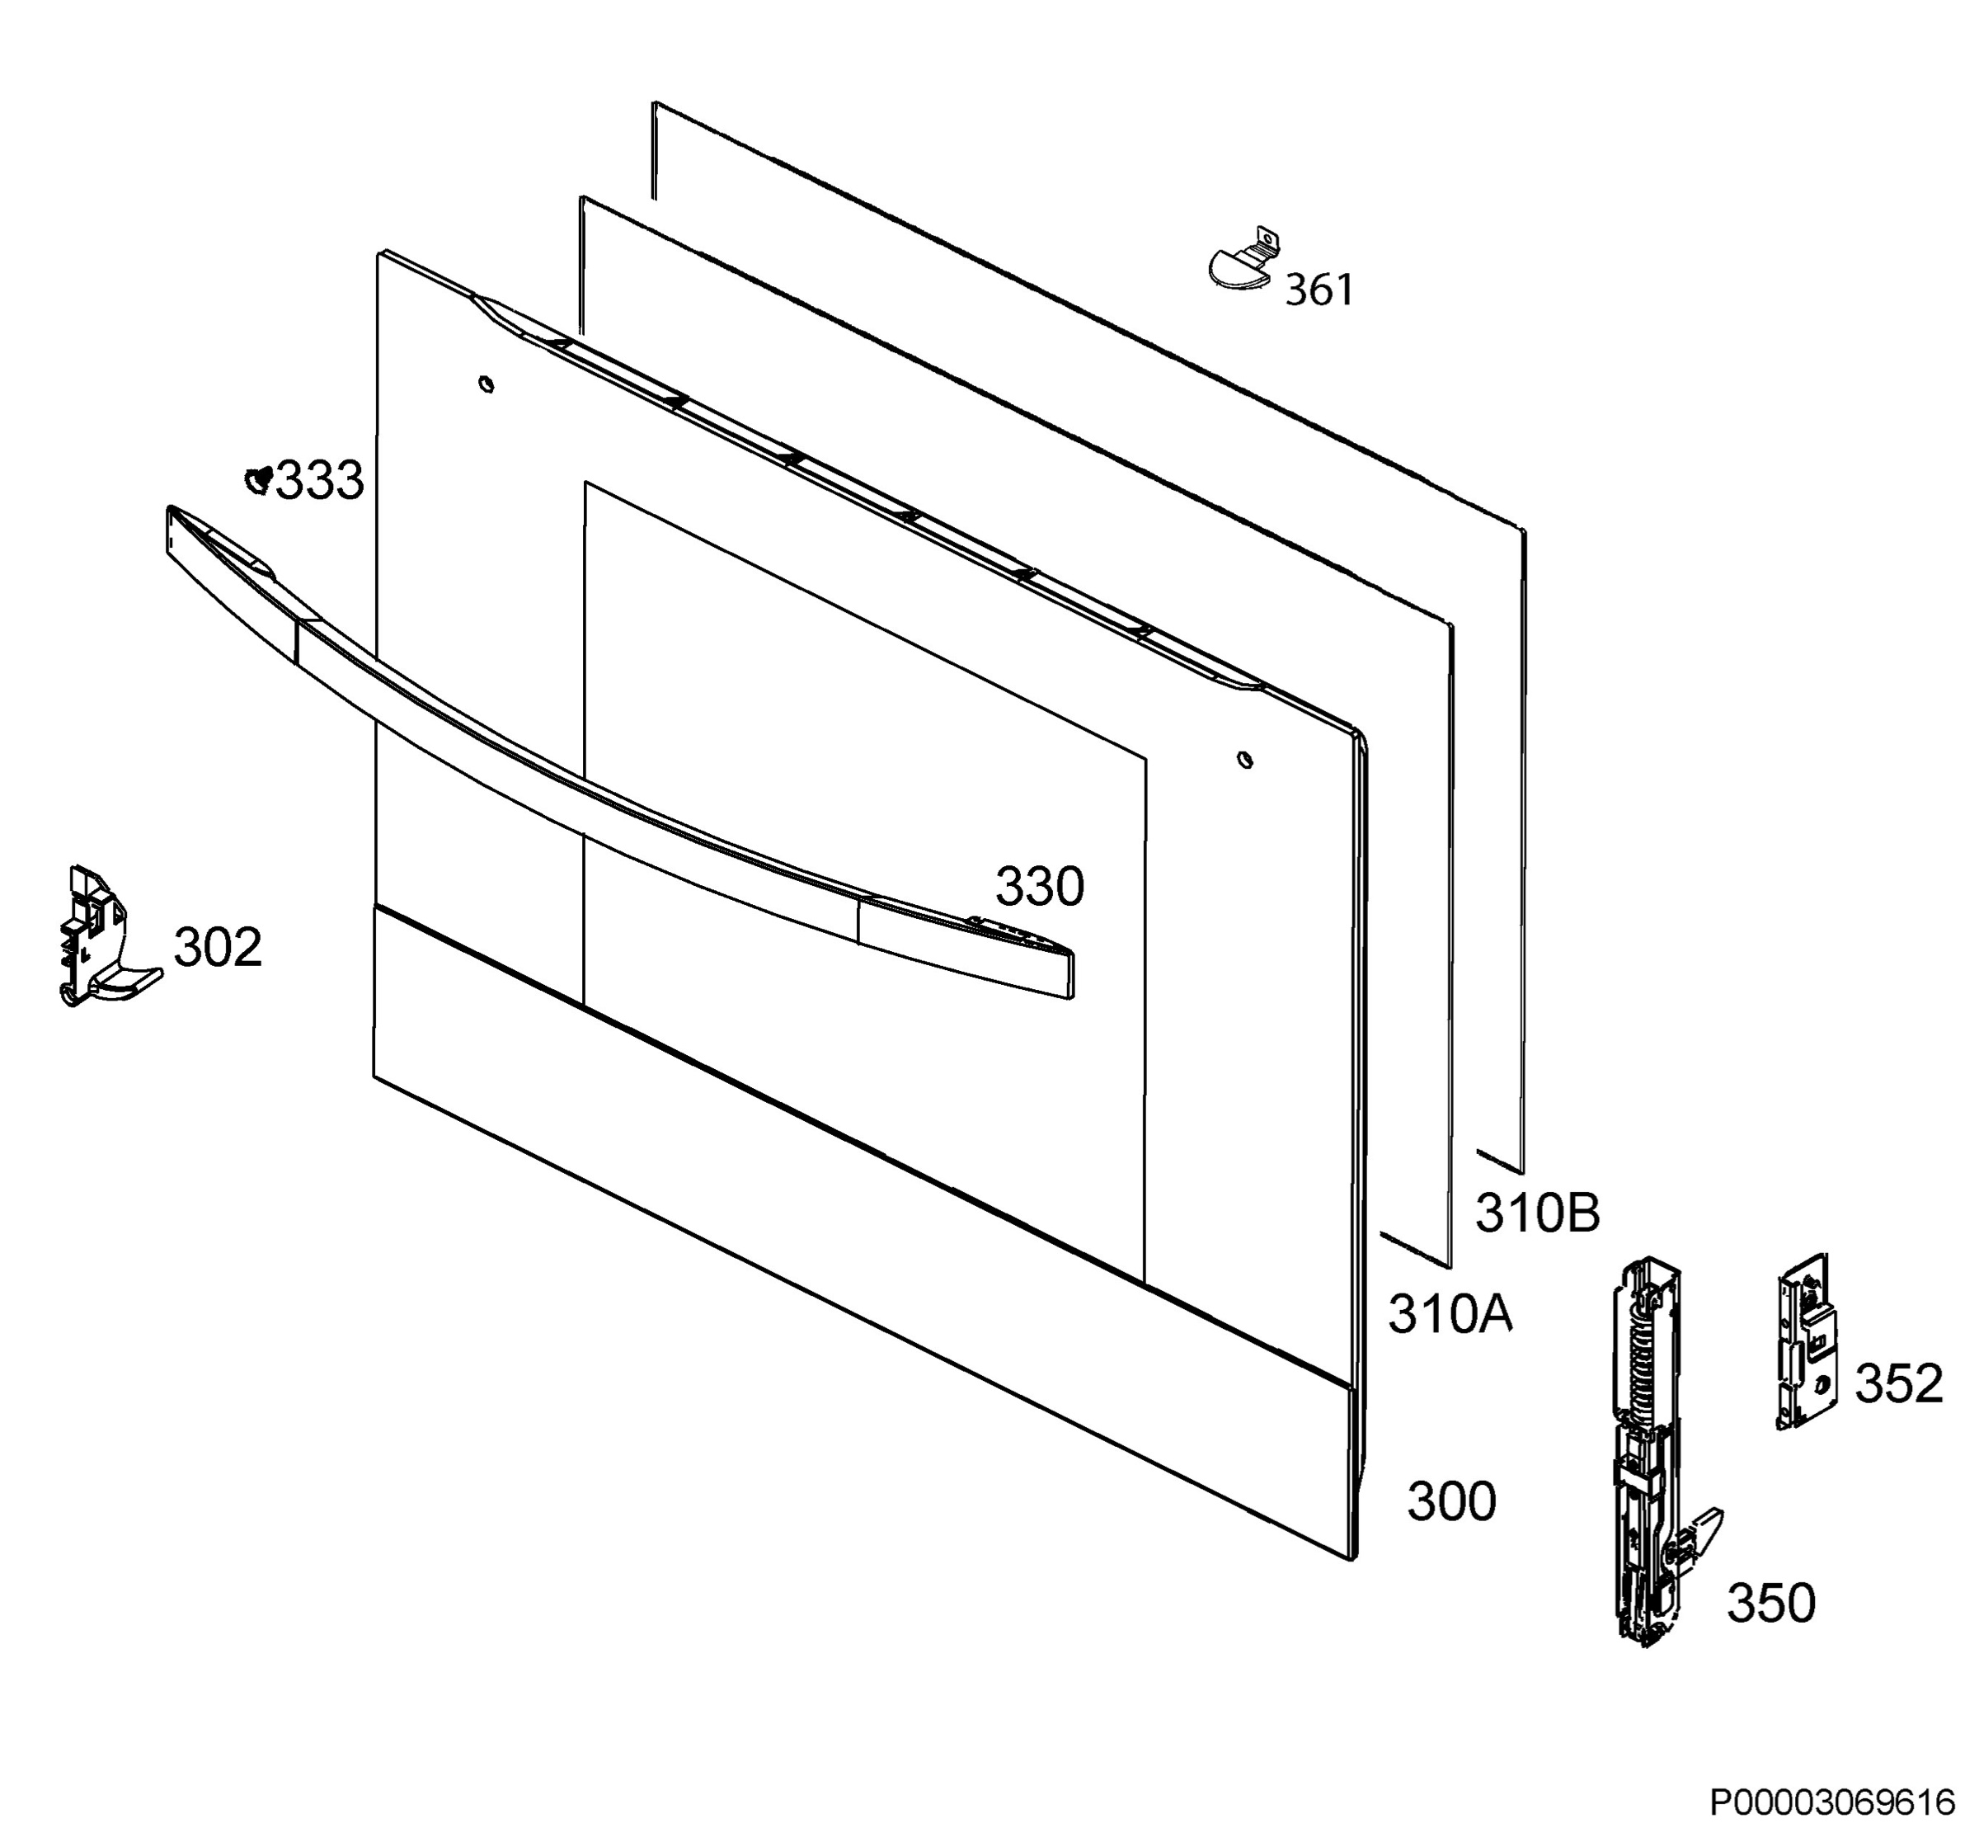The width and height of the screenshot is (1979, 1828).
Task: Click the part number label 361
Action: click(1319, 291)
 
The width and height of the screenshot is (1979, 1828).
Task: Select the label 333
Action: click(319, 482)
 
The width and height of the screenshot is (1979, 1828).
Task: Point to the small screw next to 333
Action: click(259, 480)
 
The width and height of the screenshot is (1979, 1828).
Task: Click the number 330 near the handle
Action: click(1040, 888)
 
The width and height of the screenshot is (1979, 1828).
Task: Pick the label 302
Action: click(218, 947)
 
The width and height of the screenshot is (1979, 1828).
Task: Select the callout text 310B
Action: click(1537, 1213)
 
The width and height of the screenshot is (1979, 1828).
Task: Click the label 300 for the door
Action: click(1451, 1501)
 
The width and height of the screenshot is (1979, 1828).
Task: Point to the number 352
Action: click(1899, 1384)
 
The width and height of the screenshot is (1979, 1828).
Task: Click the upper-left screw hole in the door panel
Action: click(486, 384)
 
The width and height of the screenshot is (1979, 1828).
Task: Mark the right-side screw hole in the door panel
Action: click(1245, 760)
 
